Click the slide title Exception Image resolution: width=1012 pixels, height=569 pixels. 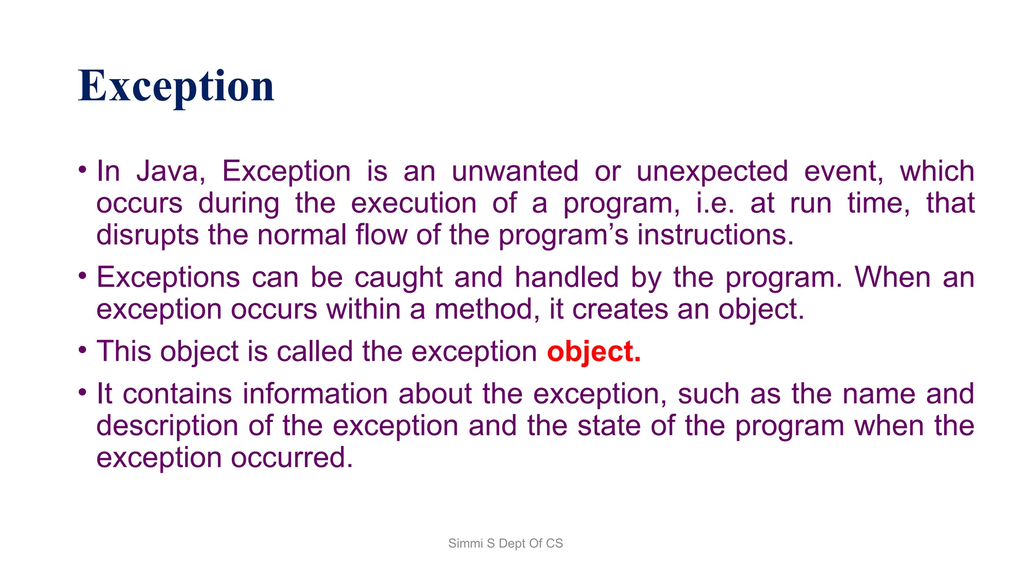pyautogui.click(x=176, y=86)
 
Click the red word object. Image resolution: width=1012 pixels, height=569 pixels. pyautogui.click(x=593, y=352)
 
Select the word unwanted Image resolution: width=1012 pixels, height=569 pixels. pyautogui.click(x=514, y=172)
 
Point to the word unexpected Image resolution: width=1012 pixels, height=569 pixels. pyautogui.click(x=712, y=172)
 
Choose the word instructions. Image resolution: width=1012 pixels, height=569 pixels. pyautogui.click(x=715, y=235)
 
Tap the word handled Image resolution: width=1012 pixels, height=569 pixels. pyautogui.click(x=566, y=278)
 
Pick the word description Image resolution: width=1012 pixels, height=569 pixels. pyautogui.click(x=167, y=426)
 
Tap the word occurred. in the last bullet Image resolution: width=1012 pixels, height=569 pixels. pyautogui.click(x=292, y=458)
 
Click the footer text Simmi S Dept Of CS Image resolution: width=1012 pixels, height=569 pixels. pyautogui.click(x=506, y=543)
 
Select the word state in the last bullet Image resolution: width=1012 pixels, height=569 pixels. pyautogui.click(x=609, y=426)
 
